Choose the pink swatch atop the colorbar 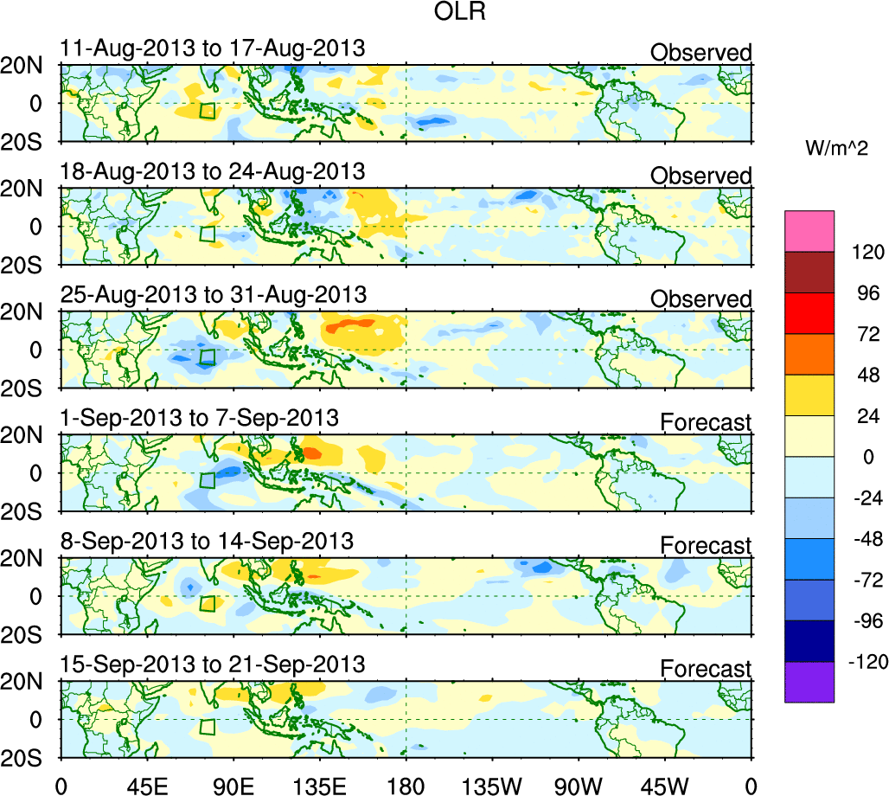(809, 230)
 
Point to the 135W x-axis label (493, 785)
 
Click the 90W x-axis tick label (579, 785)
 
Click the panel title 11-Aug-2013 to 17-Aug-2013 (213, 48)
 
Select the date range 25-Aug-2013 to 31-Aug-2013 (213, 294)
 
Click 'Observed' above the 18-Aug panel (700, 176)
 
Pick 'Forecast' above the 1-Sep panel (706, 422)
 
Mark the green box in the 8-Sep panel (208, 604)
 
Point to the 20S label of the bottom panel (28, 756)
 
